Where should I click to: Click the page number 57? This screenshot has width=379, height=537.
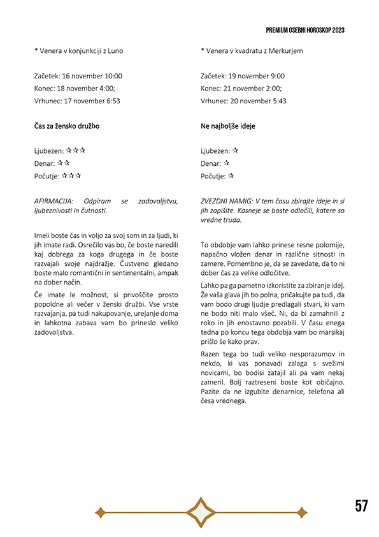click(x=362, y=506)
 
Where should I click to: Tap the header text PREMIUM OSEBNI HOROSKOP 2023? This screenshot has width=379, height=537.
click(x=306, y=30)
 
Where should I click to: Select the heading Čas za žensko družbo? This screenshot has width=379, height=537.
click(x=67, y=126)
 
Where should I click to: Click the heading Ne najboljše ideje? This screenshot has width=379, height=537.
click(x=227, y=126)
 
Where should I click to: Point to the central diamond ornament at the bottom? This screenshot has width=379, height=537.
click(x=200, y=511)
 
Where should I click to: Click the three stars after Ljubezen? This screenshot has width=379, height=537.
click(x=76, y=151)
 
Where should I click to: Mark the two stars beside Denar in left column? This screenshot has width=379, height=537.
click(x=63, y=163)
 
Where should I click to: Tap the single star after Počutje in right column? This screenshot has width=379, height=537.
click(x=231, y=175)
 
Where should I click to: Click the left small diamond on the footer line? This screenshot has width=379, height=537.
click(x=99, y=511)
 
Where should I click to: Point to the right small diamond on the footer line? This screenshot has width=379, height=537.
click(x=301, y=511)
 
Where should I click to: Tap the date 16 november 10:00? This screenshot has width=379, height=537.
click(x=91, y=76)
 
